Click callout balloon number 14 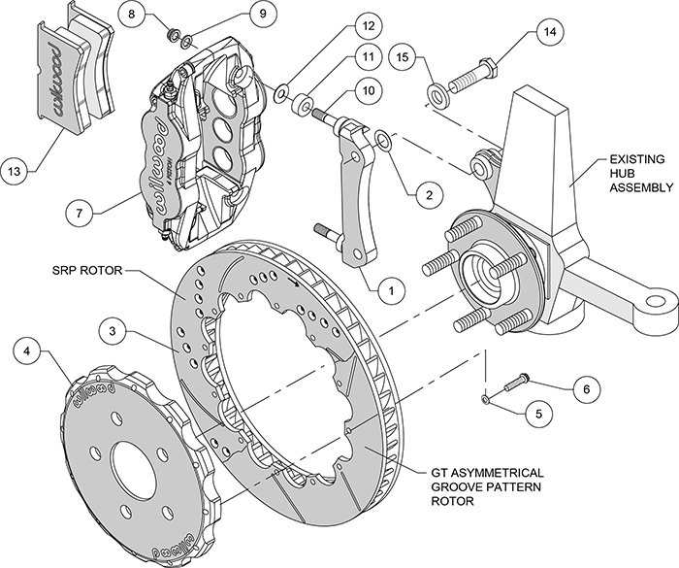coord(550,32)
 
